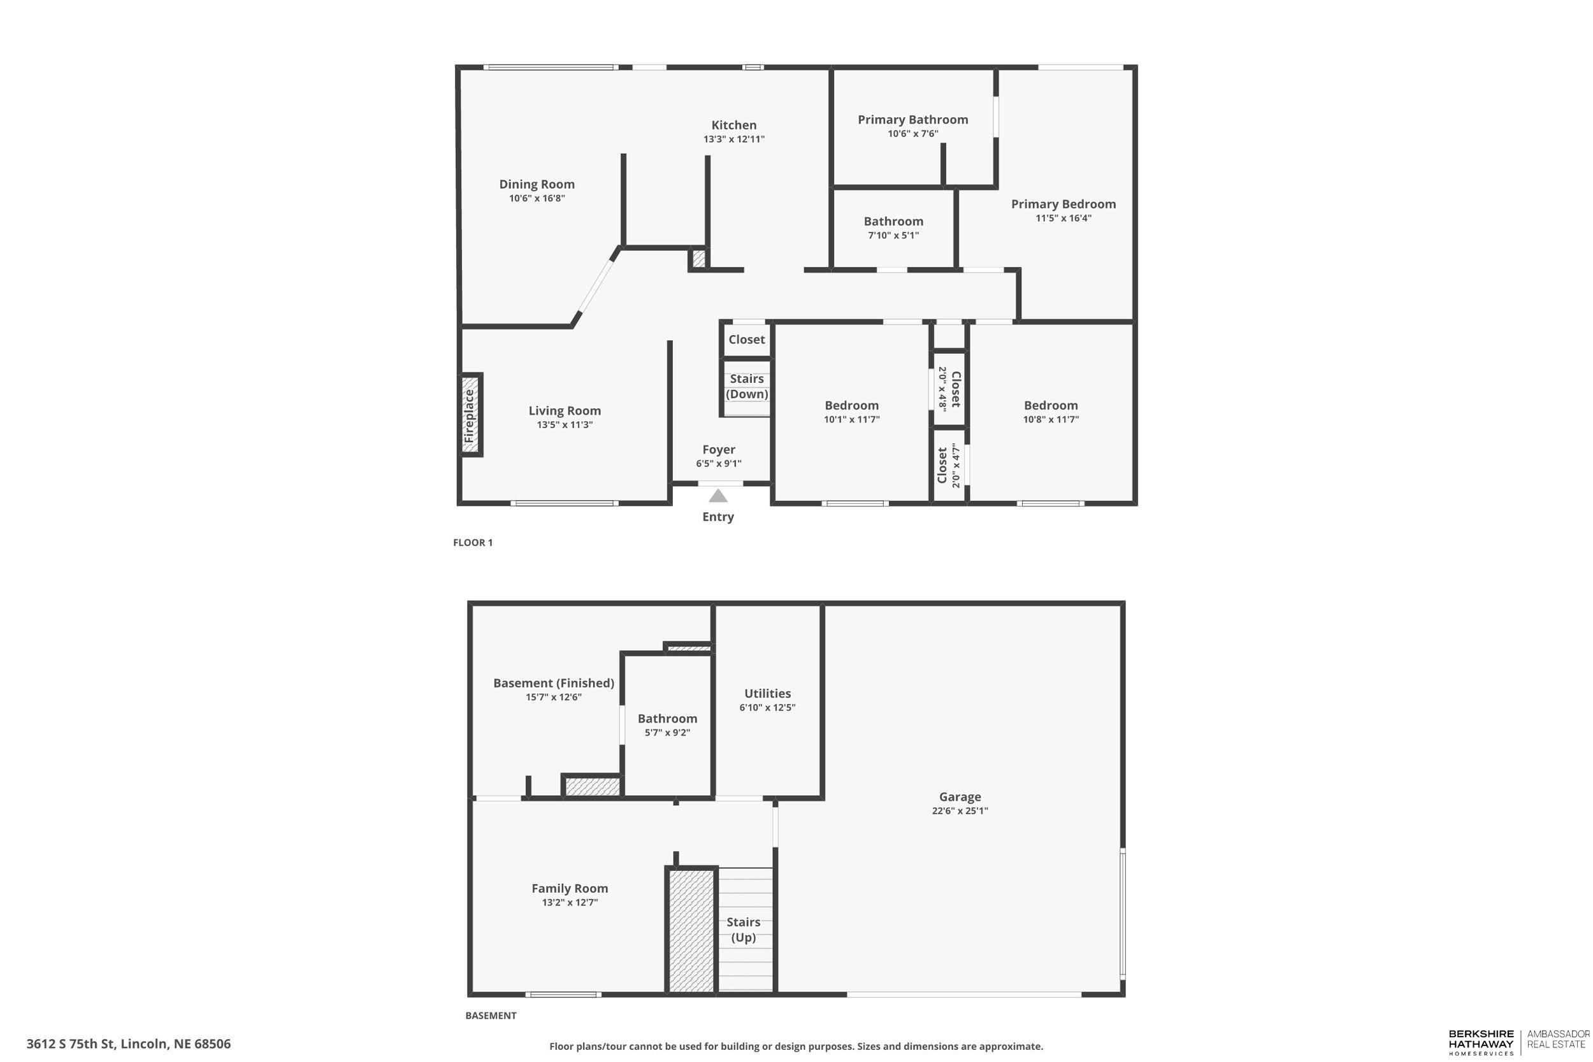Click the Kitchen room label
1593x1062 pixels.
[x=733, y=126]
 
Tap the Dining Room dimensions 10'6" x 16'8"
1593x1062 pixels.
[x=537, y=198]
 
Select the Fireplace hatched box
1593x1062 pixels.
[x=470, y=415]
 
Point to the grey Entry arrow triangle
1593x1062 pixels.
[x=718, y=496]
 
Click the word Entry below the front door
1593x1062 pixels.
[x=718, y=517]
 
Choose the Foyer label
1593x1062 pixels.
[x=719, y=450]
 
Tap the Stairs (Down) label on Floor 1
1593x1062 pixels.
[x=746, y=386]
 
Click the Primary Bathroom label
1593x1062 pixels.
[x=912, y=120]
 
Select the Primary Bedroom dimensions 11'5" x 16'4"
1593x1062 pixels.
[x=1063, y=218]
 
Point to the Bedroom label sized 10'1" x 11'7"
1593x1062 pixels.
[x=851, y=406]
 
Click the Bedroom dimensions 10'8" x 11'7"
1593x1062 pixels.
[x=1051, y=419]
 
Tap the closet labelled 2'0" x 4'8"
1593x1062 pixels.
[x=949, y=389]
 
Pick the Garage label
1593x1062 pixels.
[x=960, y=797]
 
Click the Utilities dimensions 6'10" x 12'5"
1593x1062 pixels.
[x=767, y=707]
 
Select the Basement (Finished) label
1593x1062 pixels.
[x=553, y=683]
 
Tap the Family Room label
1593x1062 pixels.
[x=570, y=888]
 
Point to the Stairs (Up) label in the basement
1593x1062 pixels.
[x=743, y=929]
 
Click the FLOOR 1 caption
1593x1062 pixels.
[x=473, y=543]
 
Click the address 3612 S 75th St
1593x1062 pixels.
[x=129, y=1044]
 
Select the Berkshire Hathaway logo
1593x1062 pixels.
[x=1481, y=1042]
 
